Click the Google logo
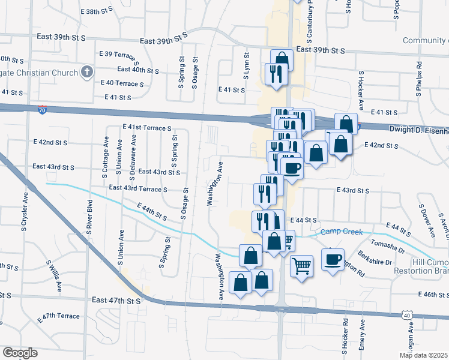[x=19, y=352]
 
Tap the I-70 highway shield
[x=41, y=110]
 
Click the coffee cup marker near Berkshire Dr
[x=333, y=259]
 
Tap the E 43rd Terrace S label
[x=137, y=188]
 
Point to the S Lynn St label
[x=246, y=64]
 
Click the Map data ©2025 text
[x=423, y=355]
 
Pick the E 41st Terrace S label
[x=147, y=128]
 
